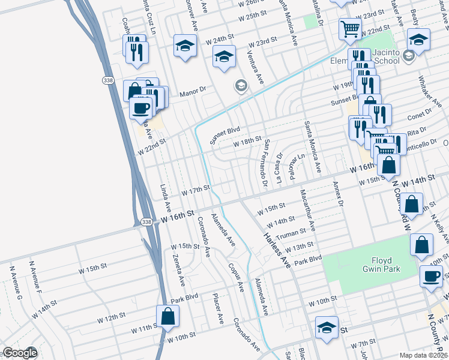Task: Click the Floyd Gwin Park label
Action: (377, 266)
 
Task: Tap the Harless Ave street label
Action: (276, 245)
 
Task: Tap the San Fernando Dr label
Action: (264, 162)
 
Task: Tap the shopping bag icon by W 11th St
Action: (168, 316)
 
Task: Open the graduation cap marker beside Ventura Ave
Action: (224, 56)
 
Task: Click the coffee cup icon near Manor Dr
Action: (141, 108)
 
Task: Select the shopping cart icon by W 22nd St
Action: (349, 27)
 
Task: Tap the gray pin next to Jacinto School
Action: (409, 56)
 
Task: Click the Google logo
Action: (19, 353)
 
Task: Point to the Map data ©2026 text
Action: (423, 355)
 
